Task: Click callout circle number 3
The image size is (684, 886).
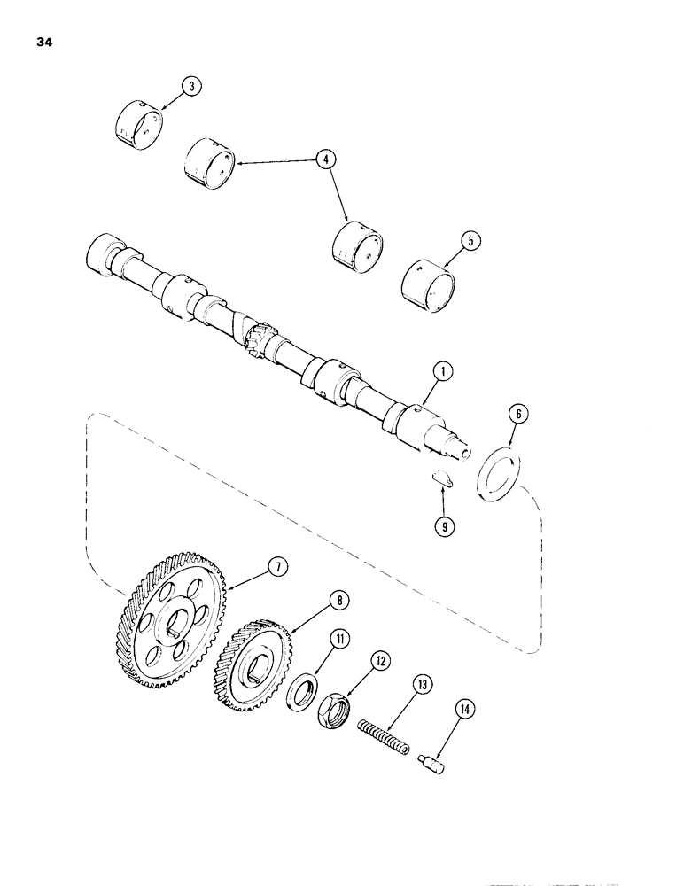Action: pos(189,86)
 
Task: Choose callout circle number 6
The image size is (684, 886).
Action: pos(519,415)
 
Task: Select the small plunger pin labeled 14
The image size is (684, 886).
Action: pos(432,761)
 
